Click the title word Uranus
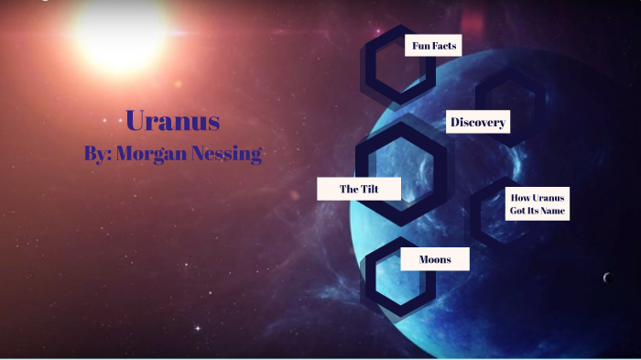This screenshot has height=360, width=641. coord(172,120)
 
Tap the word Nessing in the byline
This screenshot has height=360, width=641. coord(224,154)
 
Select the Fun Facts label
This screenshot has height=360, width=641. coord(433,45)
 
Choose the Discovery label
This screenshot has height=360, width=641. coord(478,122)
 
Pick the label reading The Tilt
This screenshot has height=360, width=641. coord(358,189)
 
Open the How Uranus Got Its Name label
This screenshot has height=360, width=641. coord(538,204)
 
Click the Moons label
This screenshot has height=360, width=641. coord(435,259)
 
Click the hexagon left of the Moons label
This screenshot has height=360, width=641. coord(385,275)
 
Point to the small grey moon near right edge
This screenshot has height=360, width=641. coord(607,278)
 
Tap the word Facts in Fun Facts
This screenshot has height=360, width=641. coord(444,45)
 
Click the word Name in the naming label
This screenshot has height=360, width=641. coord(554,212)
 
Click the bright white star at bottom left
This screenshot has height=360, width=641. coord(196,327)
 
